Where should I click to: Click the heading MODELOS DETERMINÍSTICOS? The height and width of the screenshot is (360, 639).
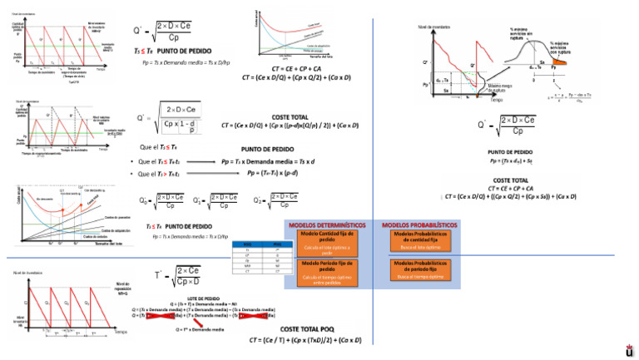pyautogui.click(x=329, y=225)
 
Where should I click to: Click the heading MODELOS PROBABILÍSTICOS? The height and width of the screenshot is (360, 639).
pyautogui.click(x=419, y=225)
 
